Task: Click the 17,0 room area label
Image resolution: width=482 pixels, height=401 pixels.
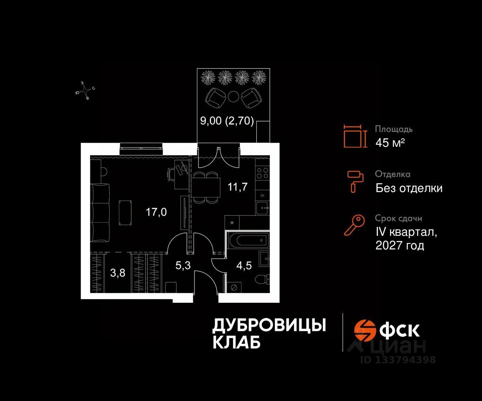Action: [156, 212]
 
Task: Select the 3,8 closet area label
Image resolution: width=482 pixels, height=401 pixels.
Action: [117, 273]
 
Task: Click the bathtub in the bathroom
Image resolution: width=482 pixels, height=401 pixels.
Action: [247, 241]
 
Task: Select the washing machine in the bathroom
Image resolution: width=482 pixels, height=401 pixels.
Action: [234, 288]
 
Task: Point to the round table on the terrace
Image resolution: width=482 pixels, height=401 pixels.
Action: [233, 96]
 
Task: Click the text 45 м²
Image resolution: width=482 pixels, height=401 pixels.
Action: [390, 143]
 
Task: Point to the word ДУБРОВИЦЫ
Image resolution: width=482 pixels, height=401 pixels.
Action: [268, 326]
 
